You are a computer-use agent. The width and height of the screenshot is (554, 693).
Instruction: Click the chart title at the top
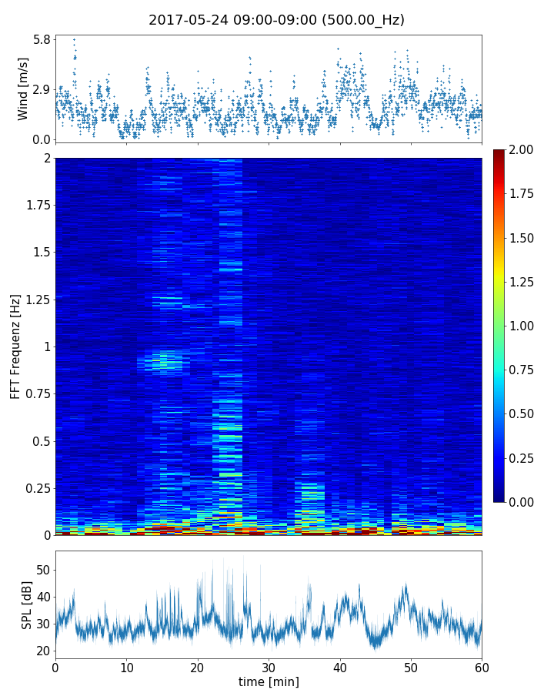pyautogui.click(x=276, y=20)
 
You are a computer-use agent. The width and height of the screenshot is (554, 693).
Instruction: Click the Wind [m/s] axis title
pyautogui.click(x=23, y=89)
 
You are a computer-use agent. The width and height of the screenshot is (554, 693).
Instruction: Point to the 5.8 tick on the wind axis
pyautogui.click(x=42, y=39)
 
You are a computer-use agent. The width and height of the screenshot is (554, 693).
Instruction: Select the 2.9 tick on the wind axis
pyautogui.click(x=42, y=89)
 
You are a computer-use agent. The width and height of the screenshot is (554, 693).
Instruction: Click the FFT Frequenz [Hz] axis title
pyautogui.click(x=15, y=346)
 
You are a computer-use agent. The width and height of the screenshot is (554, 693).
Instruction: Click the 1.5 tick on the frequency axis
pyautogui.click(x=40, y=253)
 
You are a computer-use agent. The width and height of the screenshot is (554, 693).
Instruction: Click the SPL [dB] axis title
pyautogui.click(x=26, y=604)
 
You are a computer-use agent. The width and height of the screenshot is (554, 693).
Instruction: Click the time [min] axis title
pyautogui.click(x=269, y=681)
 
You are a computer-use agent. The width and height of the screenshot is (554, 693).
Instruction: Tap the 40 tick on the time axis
pyautogui.click(x=340, y=666)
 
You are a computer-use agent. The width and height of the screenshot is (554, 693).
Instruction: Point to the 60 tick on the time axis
pyautogui.click(x=482, y=666)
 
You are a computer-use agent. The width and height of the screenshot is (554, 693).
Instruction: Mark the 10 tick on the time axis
pyautogui.click(x=126, y=666)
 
